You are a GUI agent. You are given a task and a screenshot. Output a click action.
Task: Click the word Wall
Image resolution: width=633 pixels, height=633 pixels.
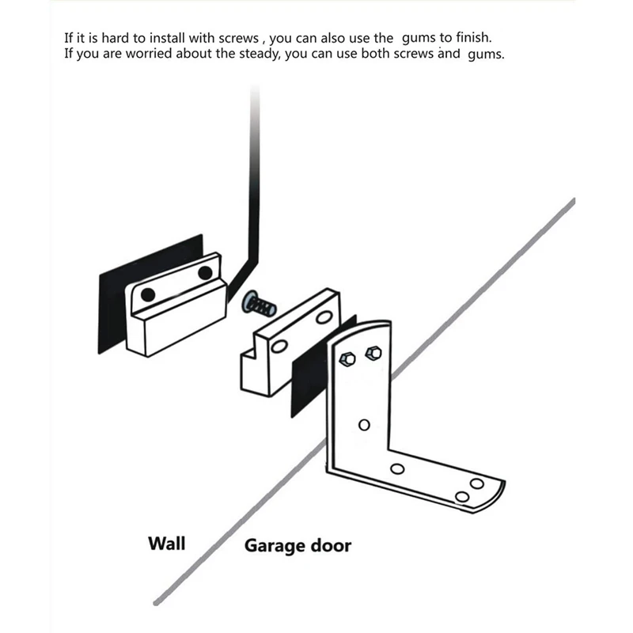[x=166, y=543]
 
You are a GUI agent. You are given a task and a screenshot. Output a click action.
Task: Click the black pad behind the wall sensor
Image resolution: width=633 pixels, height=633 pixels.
[x=111, y=309]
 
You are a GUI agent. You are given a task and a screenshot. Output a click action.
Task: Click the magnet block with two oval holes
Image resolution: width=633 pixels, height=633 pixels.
[x=289, y=340]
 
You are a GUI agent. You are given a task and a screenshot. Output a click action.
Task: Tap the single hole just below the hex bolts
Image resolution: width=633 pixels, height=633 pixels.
[x=364, y=424]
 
